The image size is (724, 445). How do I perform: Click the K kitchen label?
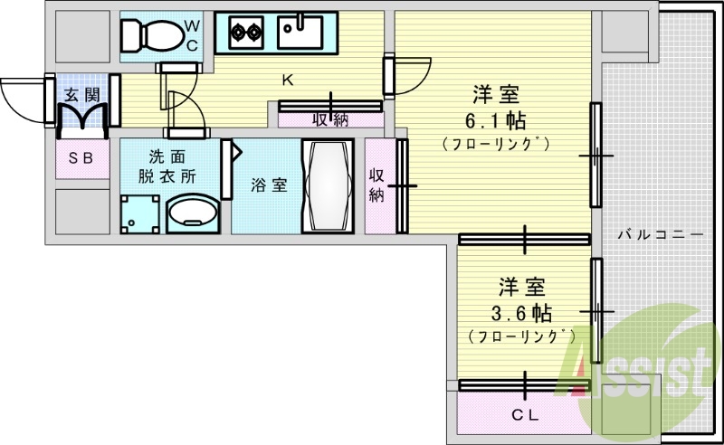coord(287,80)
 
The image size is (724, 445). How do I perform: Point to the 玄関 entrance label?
coord(81,93)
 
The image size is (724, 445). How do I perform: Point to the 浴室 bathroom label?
coord(269,185)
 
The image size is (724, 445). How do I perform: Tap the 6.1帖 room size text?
coord(497,119)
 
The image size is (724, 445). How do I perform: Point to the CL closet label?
coord(525,416)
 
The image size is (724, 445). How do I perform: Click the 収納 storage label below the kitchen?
coord(329,118)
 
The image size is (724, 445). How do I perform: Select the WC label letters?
coord(194,34)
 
